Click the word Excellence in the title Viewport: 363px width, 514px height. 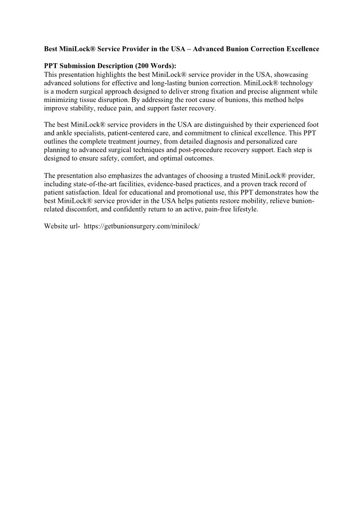click(x=301, y=49)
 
